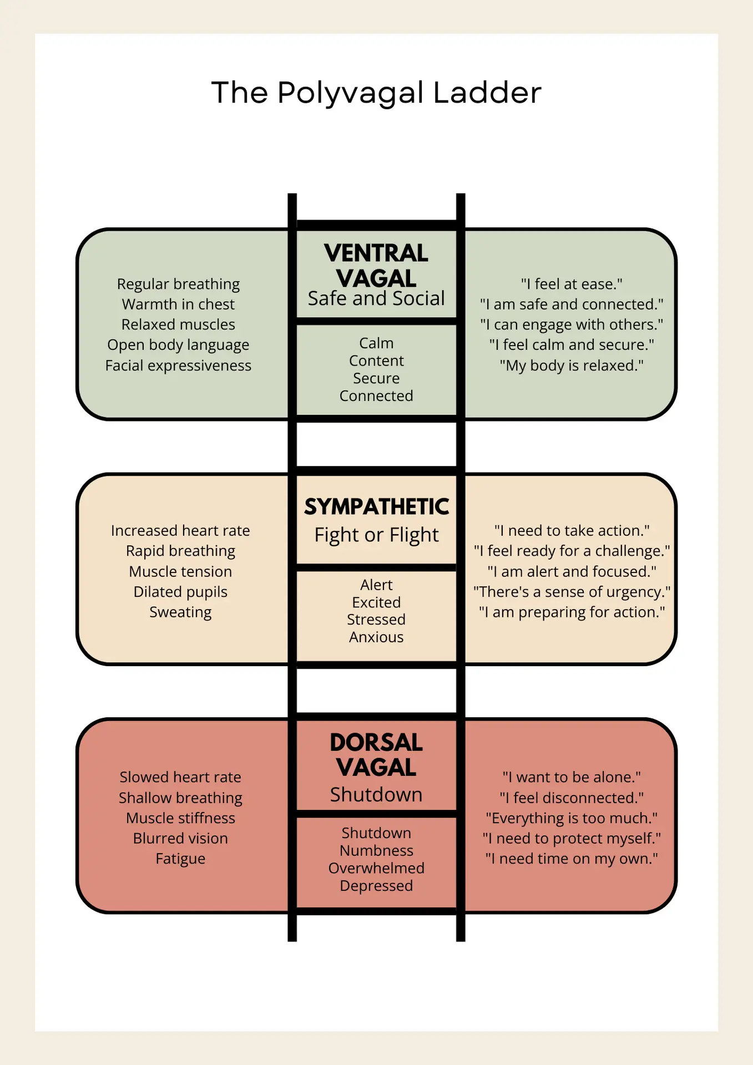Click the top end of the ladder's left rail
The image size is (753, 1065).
click(292, 194)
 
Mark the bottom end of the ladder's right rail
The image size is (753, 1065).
click(461, 941)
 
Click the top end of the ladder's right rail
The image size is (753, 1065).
click(461, 194)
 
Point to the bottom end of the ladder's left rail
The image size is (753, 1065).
click(292, 941)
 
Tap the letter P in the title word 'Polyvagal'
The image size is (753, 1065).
click(289, 93)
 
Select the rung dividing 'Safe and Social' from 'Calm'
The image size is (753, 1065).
click(376, 321)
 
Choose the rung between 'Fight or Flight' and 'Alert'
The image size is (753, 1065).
click(376, 567)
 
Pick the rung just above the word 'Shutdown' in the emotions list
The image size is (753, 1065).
click(376, 814)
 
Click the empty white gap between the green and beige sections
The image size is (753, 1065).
click(376, 444)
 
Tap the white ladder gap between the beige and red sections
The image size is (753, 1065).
click(376, 691)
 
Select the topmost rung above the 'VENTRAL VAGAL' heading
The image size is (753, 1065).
click(376, 225)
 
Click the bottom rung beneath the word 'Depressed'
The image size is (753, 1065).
click(376, 911)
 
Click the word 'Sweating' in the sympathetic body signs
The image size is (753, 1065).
click(180, 612)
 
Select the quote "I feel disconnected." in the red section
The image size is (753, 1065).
click(572, 798)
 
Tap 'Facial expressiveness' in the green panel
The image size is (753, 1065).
click(178, 366)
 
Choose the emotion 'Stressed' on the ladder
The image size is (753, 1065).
click(376, 620)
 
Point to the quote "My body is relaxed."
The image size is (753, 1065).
click(572, 366)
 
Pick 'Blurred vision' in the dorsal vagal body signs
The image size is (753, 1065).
click(180, 838)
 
